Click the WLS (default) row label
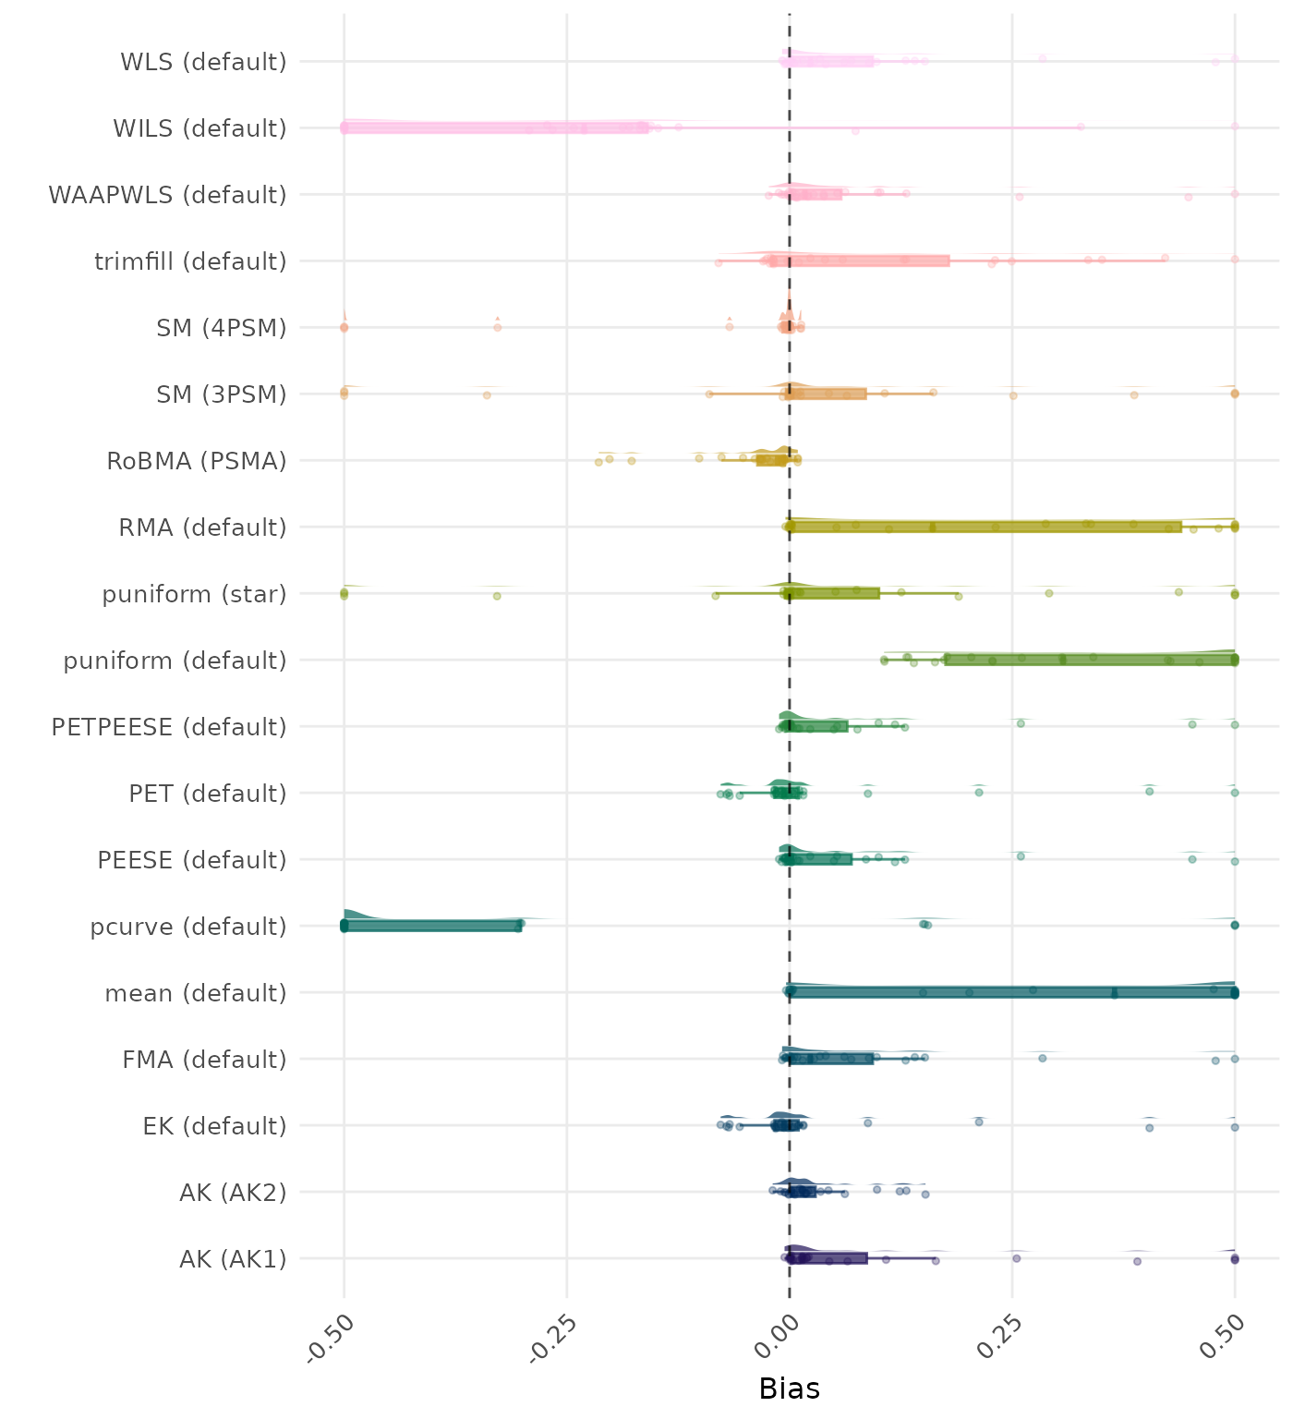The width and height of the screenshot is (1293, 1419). click(203, 62)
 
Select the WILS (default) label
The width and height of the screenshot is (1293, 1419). click(199, 128)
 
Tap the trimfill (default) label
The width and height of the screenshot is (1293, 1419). click(190, 261)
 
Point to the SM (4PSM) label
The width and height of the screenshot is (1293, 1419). click(222, 328)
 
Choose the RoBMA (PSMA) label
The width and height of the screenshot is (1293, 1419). click(197, 461)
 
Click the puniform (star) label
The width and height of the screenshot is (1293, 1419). click(194, 594)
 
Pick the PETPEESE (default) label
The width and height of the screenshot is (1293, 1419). click(169, 727)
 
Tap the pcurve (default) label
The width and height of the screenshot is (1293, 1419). click(188, 927)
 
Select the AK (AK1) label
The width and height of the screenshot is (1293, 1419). click(233, 1259)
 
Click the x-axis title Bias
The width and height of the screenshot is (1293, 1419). click(789, 1389)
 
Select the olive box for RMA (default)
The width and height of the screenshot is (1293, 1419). click(985, 527)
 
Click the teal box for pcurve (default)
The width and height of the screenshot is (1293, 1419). click(432, 926)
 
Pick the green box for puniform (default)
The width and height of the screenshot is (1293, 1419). click(1091, 660)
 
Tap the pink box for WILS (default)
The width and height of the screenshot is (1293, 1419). click(495, 127)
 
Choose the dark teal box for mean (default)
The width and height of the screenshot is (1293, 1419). click(1012, 992)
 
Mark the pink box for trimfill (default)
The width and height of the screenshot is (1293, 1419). click(859, 261)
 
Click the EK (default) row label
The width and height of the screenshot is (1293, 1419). click(214, 1126)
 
